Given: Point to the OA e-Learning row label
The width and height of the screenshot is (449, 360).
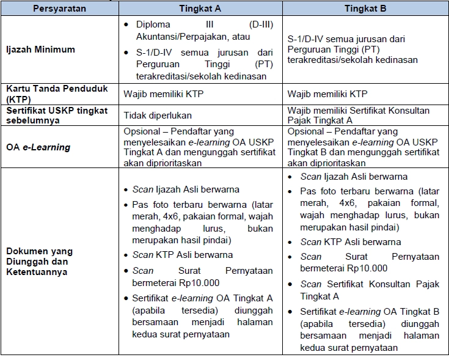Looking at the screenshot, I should [38, 147].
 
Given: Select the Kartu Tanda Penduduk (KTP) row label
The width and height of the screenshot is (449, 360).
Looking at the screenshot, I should [56, 94].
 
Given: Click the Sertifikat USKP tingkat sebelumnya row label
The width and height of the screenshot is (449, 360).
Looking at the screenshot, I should [56, 116].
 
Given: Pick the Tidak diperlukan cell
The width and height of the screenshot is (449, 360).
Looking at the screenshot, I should [158, 116].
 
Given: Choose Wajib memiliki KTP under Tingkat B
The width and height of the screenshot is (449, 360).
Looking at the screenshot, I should [329, 94].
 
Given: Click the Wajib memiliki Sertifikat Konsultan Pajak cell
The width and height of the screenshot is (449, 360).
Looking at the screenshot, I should [359, 116].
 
